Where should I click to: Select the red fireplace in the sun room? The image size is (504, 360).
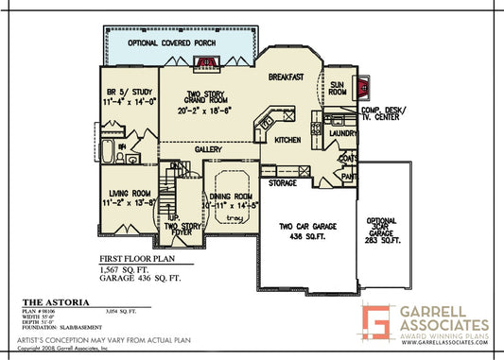(x=360, y=86)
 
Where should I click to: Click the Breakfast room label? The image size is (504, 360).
(x=285, y=77)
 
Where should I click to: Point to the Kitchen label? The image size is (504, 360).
(x=287, y=140)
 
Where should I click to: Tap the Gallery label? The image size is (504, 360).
(x=208, y=150)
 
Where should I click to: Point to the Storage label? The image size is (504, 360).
(x=283, y=182)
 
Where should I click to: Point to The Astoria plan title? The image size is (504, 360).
(x=46, y=301)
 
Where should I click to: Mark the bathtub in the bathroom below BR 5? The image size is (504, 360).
(x=106, y=151)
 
